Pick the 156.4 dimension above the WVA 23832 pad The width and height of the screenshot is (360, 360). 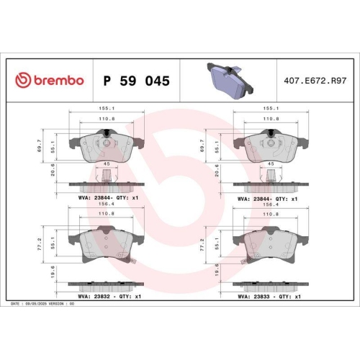click(107, 203)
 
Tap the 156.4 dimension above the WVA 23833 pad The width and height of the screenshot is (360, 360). click(270, 203)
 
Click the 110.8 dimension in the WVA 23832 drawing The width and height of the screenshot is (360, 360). click(107, 214)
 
